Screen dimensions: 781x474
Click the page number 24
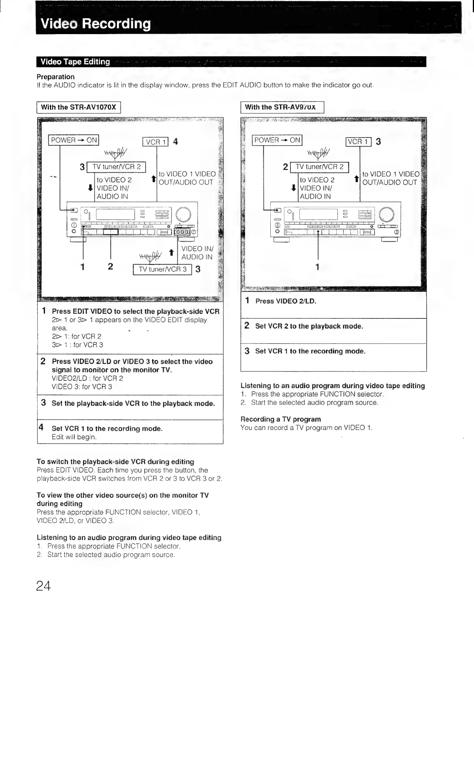click(43, 586)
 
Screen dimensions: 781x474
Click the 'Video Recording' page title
click(95, 24)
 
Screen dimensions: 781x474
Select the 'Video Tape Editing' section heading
click(75, 62)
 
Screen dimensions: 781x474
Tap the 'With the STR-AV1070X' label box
click(79, 107)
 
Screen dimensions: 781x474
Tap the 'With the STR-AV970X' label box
click(282, 107)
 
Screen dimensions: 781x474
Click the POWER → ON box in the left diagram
click(74, 140)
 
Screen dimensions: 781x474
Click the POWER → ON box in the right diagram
click(277, 140)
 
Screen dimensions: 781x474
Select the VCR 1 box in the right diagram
click(359, 142)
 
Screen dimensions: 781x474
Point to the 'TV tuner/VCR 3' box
click(162, 269)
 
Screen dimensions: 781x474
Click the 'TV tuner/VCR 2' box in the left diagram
click(116, 167)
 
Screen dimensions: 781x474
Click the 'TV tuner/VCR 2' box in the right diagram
click(319, 167)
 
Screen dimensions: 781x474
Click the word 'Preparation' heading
click(55, 77)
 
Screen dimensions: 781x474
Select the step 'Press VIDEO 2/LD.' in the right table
click(286, 301)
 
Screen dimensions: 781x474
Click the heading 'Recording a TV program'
click(281, 419)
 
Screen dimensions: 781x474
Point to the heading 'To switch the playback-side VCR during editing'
click(115, 462)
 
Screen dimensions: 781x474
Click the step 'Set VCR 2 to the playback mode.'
click(309, 326)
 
